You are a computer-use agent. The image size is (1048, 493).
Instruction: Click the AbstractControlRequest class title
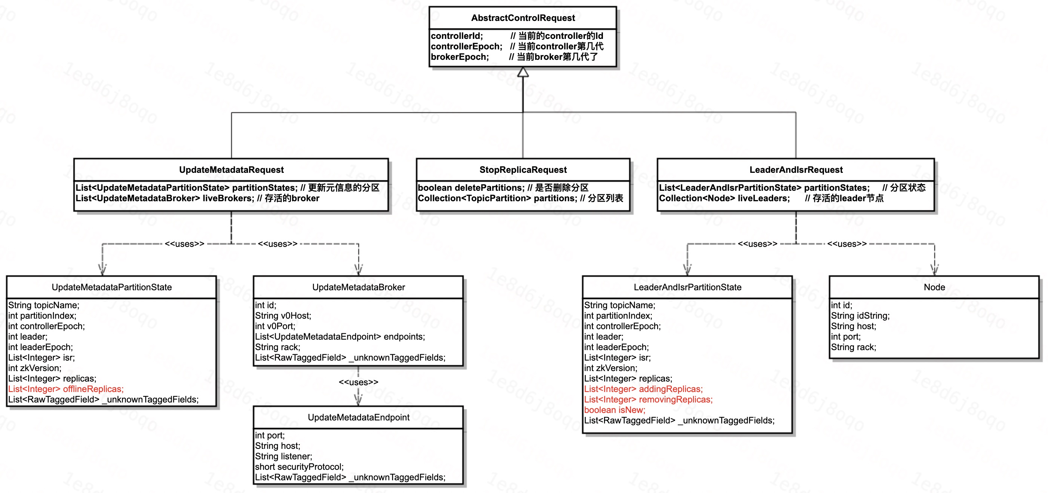tap(523, 18)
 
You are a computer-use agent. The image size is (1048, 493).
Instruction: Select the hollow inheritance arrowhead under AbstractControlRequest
tap(523, 73)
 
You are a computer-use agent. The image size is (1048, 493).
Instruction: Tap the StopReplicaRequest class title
tap(523, 169)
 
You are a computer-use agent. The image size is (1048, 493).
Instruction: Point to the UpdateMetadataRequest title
tap(231, 169)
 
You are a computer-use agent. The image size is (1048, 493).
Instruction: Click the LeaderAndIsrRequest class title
tap(796, 169)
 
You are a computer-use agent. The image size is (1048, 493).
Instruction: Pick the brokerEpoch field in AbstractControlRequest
tap(460, 57)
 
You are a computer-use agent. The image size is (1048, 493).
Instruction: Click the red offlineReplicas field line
tap(66, 389)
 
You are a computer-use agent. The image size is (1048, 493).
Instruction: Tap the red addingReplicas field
tap(643, 389)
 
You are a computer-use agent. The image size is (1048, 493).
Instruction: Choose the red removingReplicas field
tap(648, 399)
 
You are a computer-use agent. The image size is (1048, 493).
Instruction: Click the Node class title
tap(934, 287)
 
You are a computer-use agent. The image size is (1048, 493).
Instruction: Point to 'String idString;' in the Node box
tap(860, 316)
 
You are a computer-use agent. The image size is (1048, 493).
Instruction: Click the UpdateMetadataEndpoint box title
tap(358, 417)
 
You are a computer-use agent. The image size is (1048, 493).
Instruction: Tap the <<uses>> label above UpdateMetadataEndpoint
tap(358, 382)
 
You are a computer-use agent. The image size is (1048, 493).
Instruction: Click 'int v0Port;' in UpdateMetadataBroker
tap(275, 326)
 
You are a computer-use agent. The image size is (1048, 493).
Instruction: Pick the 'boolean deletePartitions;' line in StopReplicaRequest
tap(471, 187)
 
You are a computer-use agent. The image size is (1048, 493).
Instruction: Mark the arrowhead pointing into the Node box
tap(935, 269)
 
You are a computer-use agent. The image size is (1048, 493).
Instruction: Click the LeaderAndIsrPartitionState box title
tap(687, 287)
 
